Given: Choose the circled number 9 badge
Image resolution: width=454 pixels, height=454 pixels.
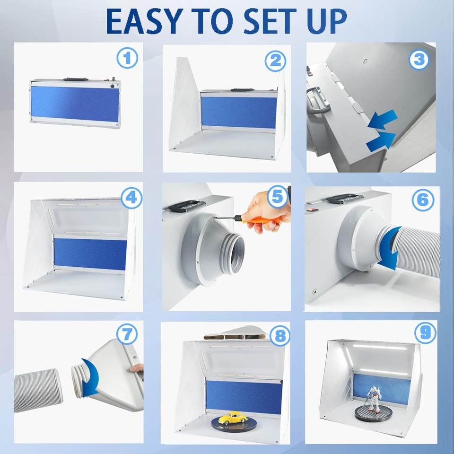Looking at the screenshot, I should (x=425, y=332).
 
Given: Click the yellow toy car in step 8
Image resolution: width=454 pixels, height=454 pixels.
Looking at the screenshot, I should (x=233, y=418).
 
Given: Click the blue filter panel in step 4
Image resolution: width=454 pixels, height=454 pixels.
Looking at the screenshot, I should (x=90, y=253).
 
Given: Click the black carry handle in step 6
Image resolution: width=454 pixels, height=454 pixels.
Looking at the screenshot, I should (x=344, y=199).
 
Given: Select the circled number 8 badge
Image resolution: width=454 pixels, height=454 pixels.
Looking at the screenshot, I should (x=279, y=336).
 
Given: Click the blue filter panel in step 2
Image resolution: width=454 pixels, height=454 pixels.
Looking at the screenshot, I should (x=239, y=113).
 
